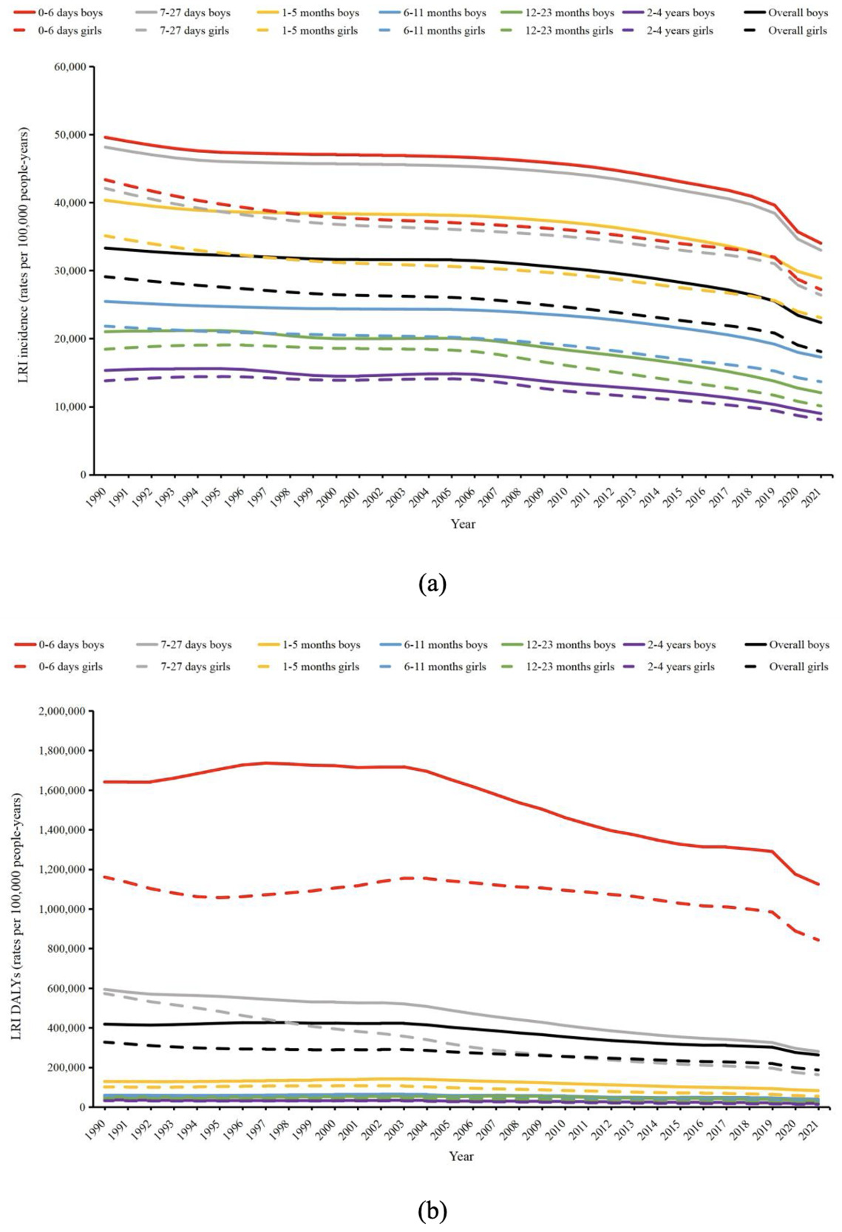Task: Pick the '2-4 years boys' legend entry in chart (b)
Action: tap(681, 645)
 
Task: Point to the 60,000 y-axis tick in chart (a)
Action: tap(69, 67)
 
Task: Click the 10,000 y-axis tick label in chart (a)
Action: tap(69, 407)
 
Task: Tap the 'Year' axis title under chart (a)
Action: tap(463, 524)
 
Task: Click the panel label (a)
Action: tap(432, 583)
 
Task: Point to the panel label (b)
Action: tap(432, 1210)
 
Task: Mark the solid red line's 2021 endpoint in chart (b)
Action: tap(819, 884)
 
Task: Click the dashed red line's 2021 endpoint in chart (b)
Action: tap(819, 940)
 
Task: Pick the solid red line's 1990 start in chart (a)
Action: tap(105, 137)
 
